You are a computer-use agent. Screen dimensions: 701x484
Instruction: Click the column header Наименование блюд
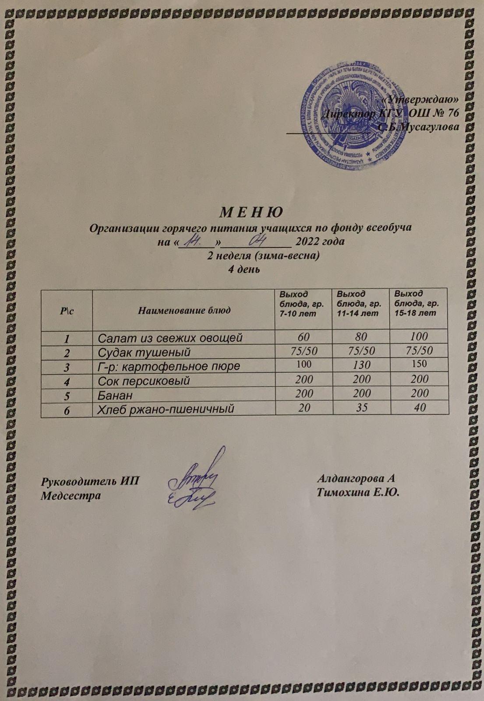click(184, 311)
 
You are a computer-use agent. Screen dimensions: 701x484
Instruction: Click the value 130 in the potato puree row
click(360, 365)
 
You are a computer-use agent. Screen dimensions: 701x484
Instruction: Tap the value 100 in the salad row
click(419, 336)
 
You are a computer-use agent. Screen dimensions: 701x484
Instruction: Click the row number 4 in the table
click(67, 380)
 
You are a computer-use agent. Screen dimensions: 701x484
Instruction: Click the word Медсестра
click(71, 496)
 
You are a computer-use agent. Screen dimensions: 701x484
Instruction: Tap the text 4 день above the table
click(245, 269)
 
